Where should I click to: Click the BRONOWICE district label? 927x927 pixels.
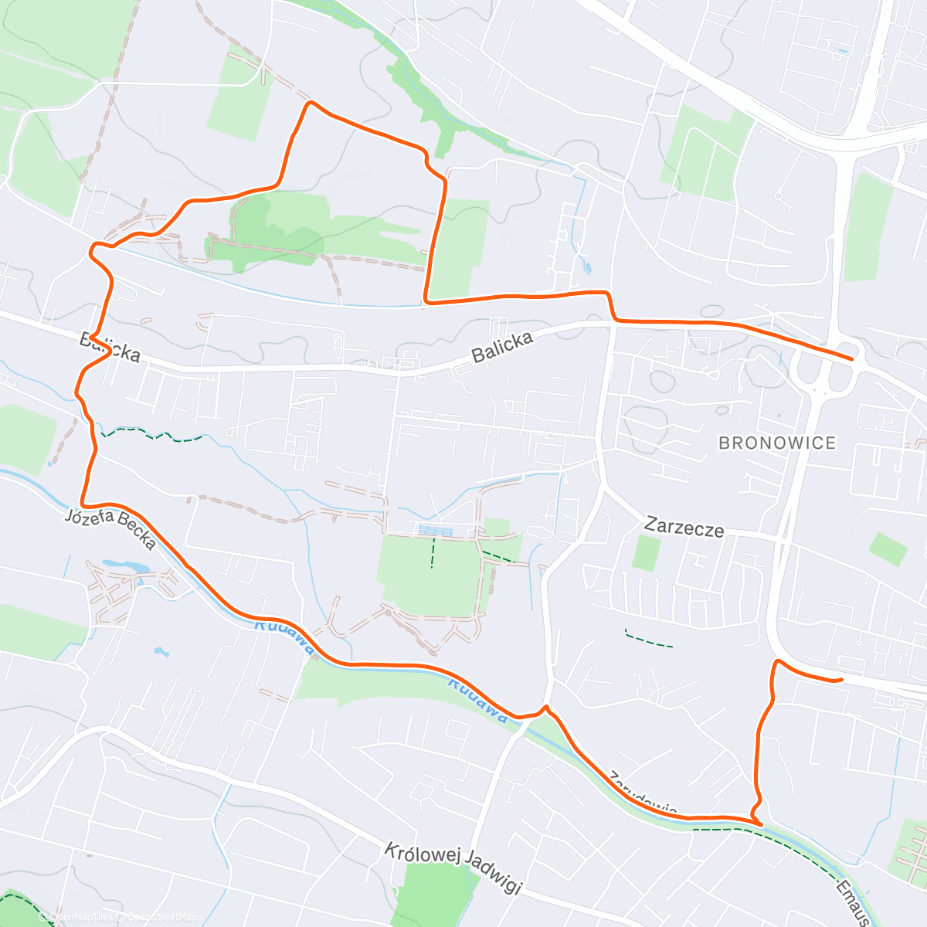[x=777, y=443]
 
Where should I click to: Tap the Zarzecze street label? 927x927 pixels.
[x=684, y=528]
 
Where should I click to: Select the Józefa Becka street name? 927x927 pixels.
[x=111, y=528]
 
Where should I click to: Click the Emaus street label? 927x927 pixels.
[x=853, y=901]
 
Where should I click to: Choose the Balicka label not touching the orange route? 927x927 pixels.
[x=503, y=347]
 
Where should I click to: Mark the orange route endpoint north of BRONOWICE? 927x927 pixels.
[x=851, y=359]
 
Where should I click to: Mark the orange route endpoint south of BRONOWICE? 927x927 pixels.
[x=840, y=680]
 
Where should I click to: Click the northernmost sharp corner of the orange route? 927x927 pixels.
[x=310, y=103]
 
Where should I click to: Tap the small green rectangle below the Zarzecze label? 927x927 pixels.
[x=646, y=553]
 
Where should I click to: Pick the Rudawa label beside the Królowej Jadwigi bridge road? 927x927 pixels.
[x=479, y=701]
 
